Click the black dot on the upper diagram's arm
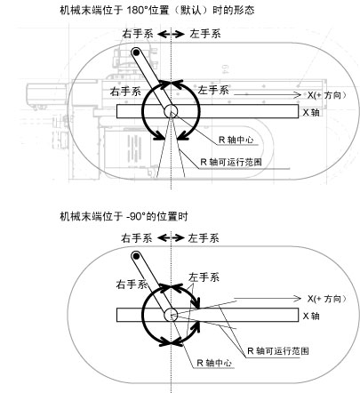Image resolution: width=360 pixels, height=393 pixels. [x=136, y=52]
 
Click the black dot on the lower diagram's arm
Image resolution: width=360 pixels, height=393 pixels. [x=136, y=256]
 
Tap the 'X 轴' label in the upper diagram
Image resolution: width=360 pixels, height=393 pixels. [x=311, y=113]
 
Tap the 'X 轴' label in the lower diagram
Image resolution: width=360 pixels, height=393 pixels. [x=311, y=317]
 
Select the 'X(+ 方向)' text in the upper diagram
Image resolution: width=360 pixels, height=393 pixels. [x=326, y=95]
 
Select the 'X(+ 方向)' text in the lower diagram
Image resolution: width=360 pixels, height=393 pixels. [x=326, y=299]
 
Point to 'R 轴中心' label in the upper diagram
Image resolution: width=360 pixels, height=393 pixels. [x=236, y=140]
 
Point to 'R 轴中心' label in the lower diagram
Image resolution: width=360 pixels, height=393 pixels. [x=214, y=363]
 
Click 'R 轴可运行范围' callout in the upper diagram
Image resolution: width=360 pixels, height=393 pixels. [x=231, y=162]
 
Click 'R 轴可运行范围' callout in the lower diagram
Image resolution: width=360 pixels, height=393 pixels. [x=278, y=351]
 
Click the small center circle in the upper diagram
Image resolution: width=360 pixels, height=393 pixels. [x=171, y=111]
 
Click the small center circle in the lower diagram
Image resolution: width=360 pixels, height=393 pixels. [x=171, y=315]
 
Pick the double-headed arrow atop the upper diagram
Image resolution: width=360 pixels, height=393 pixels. [x=171, y=35]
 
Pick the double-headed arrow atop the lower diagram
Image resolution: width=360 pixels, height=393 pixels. [x=171, y=237]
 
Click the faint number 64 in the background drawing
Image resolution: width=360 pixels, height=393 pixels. [x=225, y=69]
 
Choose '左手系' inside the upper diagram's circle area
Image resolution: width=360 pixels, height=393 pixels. [x=213, y=90]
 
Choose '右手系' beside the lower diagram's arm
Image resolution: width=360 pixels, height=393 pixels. [x=132, y=285]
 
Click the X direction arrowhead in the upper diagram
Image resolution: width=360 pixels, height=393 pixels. [x=297, y=95]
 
